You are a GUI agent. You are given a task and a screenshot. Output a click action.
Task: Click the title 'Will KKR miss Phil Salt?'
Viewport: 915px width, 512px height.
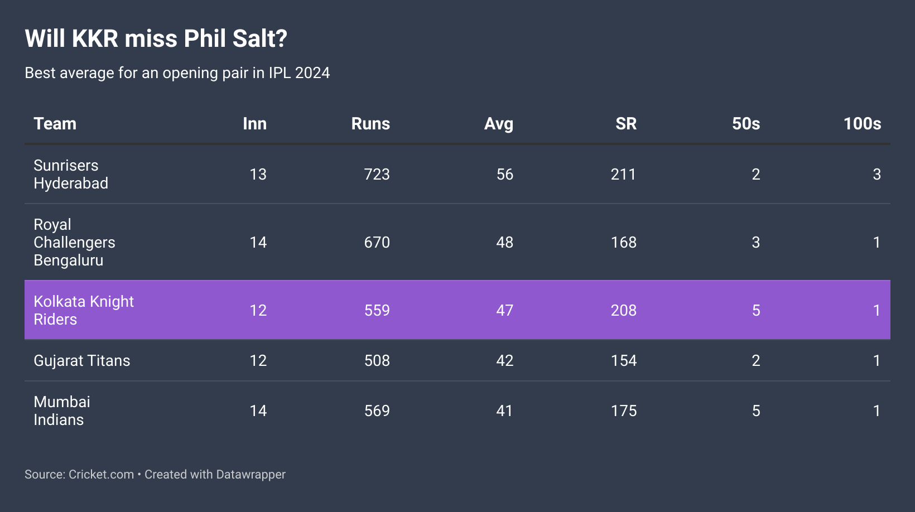coord(156,39)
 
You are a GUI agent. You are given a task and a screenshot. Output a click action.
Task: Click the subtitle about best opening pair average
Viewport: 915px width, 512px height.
coord(177,73)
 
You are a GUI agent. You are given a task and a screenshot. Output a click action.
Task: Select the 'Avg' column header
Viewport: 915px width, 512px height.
coord(498,124)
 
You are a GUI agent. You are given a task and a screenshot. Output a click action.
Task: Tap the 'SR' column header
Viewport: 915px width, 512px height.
coord(626,124)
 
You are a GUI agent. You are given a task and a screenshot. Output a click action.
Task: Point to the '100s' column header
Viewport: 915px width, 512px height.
coord(862,124)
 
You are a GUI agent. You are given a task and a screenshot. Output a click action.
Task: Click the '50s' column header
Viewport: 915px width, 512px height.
coord(746,124)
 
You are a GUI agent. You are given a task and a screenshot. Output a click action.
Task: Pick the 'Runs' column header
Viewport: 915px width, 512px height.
coord(370,124)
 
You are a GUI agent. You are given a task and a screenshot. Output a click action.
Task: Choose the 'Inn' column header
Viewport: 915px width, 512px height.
coord(254,124)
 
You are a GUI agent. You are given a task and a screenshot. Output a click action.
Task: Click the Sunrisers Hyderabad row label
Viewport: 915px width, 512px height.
coord(71,174)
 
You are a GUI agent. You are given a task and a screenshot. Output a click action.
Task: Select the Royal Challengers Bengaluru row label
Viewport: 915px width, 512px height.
coord(74,242)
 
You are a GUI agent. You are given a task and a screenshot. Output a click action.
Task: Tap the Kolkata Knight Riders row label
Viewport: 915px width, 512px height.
coord(84,310)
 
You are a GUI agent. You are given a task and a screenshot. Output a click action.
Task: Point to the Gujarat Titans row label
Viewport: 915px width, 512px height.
coord(82,361)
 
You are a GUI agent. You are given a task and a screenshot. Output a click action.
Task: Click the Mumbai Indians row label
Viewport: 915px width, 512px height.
coord(62,410)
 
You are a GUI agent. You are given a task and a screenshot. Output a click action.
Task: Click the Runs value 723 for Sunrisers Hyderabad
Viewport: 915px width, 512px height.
coord(377,175)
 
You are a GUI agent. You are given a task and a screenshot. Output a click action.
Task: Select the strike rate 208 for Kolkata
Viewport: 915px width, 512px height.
coord(623,311)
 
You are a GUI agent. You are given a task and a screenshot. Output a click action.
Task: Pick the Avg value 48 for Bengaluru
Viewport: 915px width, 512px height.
coord(505,243)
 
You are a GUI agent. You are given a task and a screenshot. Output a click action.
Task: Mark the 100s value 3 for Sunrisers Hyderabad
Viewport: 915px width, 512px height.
coord(877,175)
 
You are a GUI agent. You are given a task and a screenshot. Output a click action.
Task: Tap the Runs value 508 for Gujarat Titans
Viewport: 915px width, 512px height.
coord(377,361)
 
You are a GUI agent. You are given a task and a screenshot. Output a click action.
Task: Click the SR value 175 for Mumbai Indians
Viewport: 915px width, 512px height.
coord(623,411)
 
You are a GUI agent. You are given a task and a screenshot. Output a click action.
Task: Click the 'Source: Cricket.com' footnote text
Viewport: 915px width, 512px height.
coord(79,475)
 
